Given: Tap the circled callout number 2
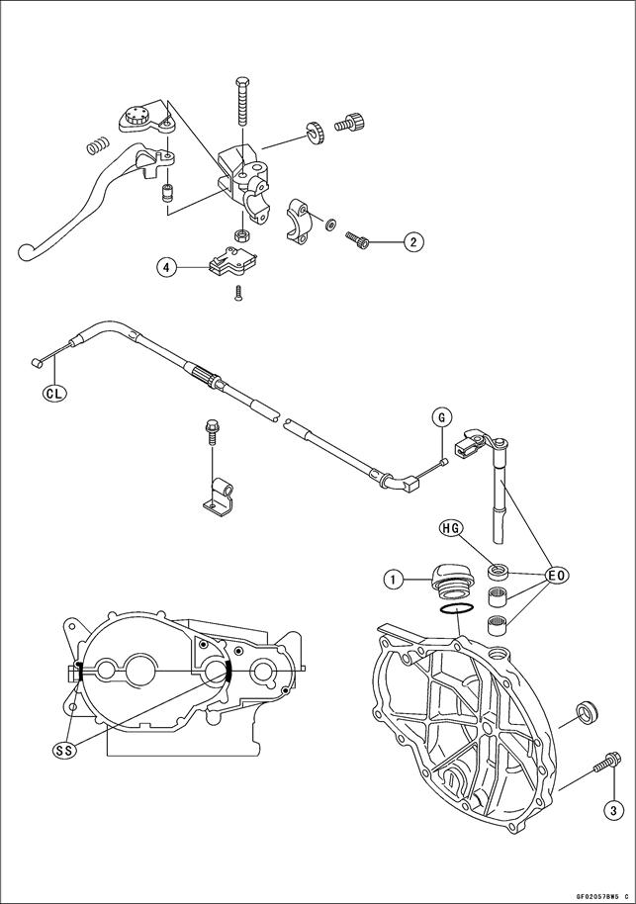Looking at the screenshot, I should (x=412, y=240).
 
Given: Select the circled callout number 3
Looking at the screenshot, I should (x=612, y=811).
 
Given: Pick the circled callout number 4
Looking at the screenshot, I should (x=168, y=266).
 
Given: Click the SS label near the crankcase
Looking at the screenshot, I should (x=65, y=751).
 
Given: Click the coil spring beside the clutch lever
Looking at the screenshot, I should (x=96, y=145).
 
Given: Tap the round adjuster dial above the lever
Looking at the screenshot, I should (x=140, y=116).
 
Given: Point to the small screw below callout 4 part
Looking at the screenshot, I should (x=238, y=292).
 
